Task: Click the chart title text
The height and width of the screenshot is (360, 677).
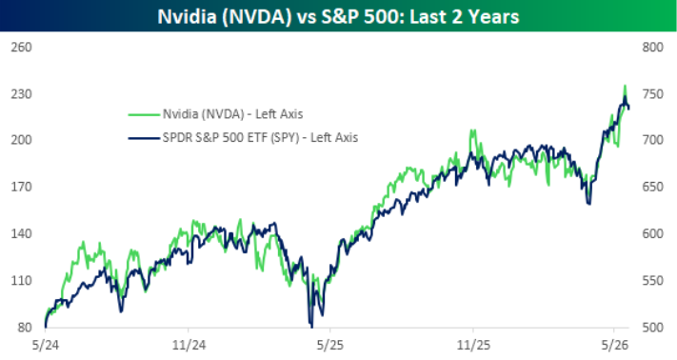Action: click(x=338, y=16)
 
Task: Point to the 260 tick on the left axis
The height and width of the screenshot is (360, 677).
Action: click(x=21, y=47)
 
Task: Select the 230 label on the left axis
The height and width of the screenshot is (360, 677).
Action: click(x=21, y=94)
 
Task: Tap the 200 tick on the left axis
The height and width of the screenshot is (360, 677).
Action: click(x=21, y=140)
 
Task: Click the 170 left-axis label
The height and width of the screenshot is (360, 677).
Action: click(x=21, y=187)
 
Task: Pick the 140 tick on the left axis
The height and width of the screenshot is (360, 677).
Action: click(x=21, y=233)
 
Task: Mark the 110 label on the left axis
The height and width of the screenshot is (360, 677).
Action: click(x=21, y=281)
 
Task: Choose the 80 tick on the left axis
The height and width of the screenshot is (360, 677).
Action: click(x=25, y=328)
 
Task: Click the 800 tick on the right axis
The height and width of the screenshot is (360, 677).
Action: click(x=652, y=47)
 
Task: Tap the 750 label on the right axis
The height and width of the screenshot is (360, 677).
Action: click(x=652, y=94)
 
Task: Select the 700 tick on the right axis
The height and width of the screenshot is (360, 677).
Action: click(x=652, y=140)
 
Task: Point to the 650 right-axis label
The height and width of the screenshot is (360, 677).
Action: click(x=652, y=187)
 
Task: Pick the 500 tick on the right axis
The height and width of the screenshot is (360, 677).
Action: click(x=652, y=328)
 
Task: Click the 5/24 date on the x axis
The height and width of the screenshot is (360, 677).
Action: click(x=46, y=346)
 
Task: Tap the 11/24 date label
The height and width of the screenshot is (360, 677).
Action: click(x=189, y=346)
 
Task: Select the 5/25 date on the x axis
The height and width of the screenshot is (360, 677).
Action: click(x=330, y=346)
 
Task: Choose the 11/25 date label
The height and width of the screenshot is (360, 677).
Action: click(x=473, y=346)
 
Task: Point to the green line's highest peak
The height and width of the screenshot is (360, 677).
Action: click(x=625, y=86)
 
